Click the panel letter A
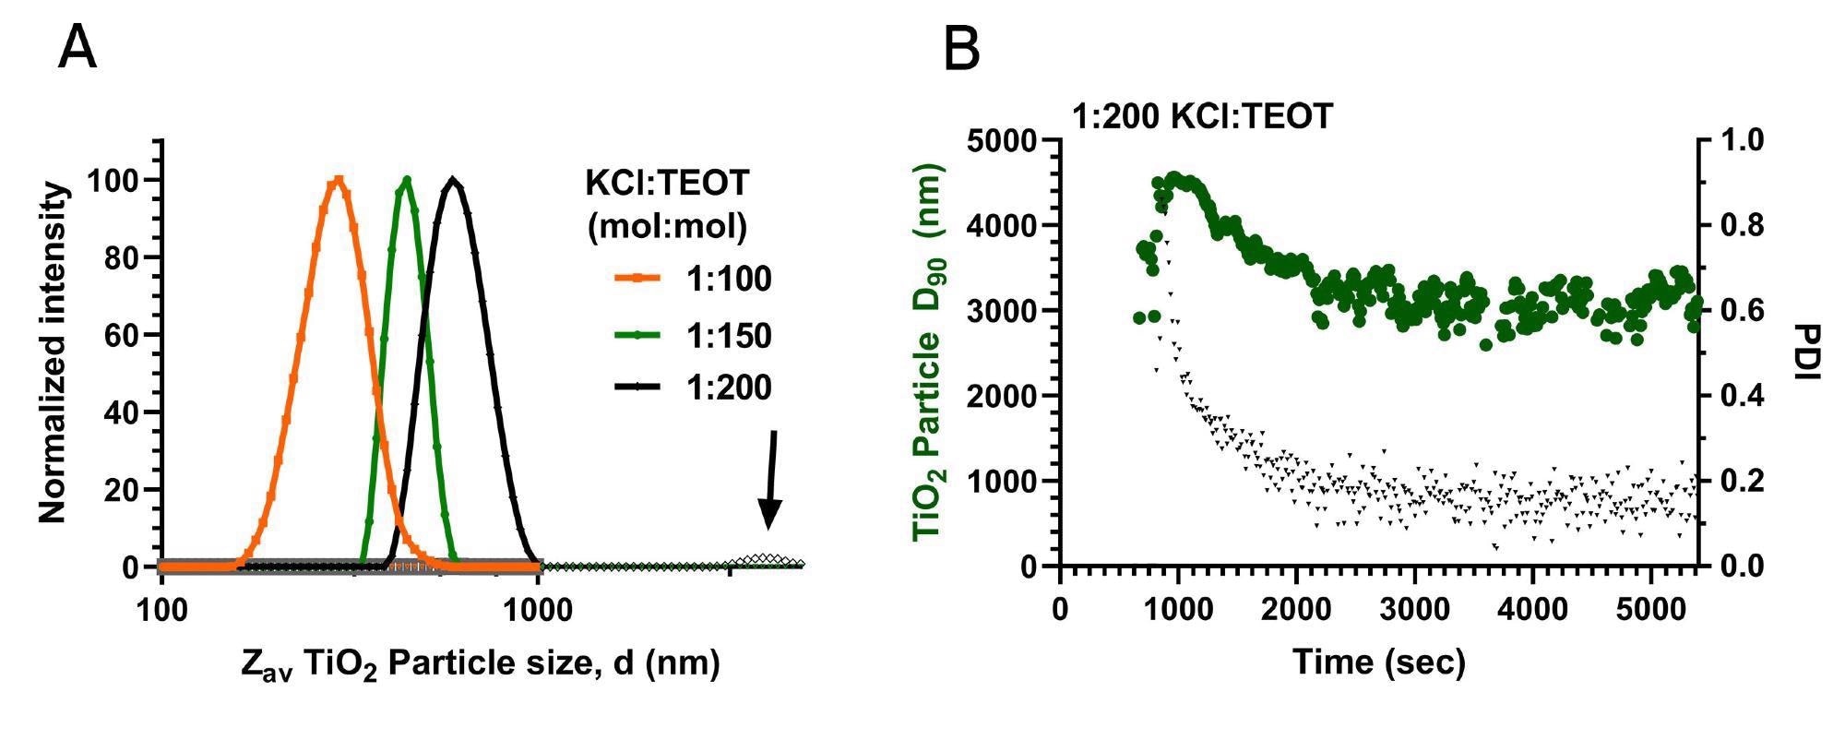(x=77, y=49)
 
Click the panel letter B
(x=961, y=49)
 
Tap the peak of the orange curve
(x=338, y=181)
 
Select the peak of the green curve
(x=406, y=180)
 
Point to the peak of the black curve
(x=453, y=181)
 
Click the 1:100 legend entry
(x=693, y=280)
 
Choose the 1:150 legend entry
(x=693, y=336)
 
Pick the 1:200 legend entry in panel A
(x=693, y=388)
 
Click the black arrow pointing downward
(x=770, y=480)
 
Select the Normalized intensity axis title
(x=54, y=352)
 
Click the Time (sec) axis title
(x=1378, y=662)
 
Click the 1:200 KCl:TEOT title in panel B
(x=1202, y=116)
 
